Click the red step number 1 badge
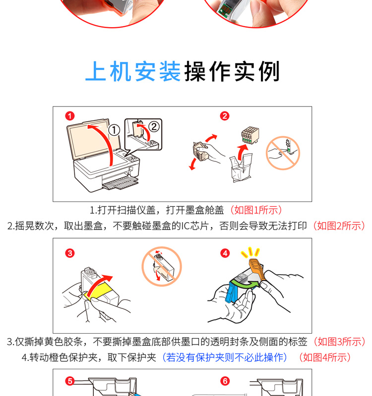(x=70, y=116)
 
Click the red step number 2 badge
(x=225, y=116)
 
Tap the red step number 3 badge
(x=70, y=253)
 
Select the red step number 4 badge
(x=225, y=253)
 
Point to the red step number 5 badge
(x=70, y=381)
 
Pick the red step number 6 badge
(x=225, y=381)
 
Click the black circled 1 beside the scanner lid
(x=114, y=130)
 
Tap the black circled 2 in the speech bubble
(x=154, y=126)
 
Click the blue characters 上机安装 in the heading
(x=133, y=71)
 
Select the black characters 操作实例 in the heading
(x=232, y=71)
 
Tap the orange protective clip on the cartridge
(x=257, y=269)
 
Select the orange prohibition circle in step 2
(x=283, y=153)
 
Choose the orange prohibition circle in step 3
(x=162, y=266)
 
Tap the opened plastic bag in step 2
(x=241, y=167)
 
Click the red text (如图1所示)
(x=255, y=210)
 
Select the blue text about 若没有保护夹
(x=225, y=357)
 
